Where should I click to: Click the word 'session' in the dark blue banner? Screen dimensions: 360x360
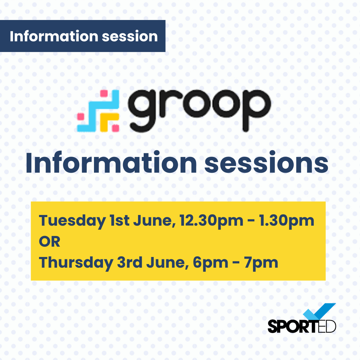(130, 37)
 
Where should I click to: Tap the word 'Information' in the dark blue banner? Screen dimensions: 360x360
(54, 36)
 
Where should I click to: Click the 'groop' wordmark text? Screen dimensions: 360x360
(199, 110)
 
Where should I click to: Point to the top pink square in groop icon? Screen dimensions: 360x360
(104, 93)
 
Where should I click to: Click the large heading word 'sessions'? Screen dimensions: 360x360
(266, 163)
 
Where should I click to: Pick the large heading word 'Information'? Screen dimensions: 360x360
(111, 162)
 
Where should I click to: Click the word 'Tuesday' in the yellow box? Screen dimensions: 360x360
(72, 221)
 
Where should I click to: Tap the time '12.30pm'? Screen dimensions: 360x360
(211, 221)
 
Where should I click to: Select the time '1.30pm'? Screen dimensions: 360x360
(287, 221)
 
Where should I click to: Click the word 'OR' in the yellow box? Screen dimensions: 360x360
(50, 242)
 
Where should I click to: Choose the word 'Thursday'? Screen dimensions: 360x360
(76, 263)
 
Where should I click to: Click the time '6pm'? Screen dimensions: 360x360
(210, 263)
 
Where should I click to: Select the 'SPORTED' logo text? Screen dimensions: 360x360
(302, 326)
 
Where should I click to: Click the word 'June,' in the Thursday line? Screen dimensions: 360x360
(168, 263)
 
